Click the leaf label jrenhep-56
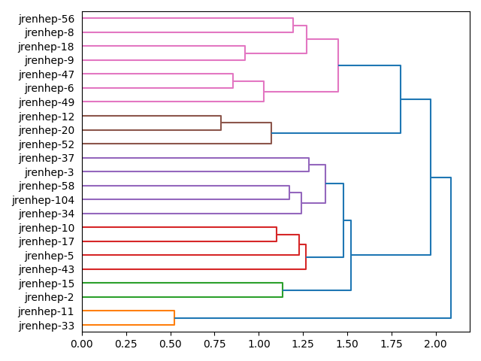coord(47,19)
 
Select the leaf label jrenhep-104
coord(44,200)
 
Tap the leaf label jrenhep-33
coord(47,326)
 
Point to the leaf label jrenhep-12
coord(47,117)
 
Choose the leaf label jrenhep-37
coord(47,158)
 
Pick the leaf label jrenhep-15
coord(47,284)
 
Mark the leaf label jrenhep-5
coord(50,256)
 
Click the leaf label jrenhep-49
coord(47,102)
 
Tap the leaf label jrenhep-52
coord(47,144)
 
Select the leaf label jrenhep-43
coord(47,270)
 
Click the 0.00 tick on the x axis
coord(82,343)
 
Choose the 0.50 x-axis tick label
coord(170,343)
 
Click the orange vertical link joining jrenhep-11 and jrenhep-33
coord(174,318)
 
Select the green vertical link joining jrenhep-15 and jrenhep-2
coord(283,290)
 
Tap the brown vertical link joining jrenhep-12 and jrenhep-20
coord(221,123)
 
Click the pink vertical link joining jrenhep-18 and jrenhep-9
coord(245,53)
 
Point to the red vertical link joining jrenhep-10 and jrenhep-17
coord(277,235)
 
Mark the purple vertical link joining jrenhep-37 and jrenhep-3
coord(309,165)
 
